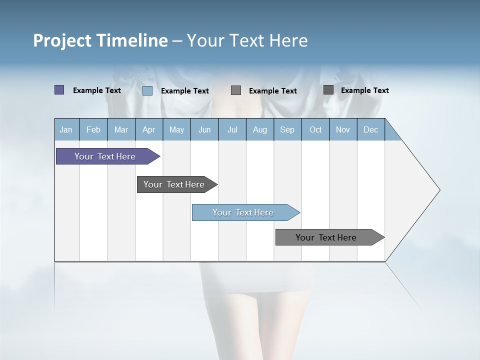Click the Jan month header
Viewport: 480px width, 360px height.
tap(66, 129)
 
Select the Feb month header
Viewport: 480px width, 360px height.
tap(93, 129)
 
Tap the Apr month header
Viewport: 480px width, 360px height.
tap(149, 129)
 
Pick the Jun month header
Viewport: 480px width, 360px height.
tap(204, 129)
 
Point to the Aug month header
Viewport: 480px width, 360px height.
tap(260, 129)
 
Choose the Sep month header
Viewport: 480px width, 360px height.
tap(287, 129)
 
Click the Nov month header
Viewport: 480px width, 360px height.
tap(343, 129)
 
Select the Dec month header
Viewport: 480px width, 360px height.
tap(371, 129)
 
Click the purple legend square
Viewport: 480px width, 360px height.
tap(59, 90)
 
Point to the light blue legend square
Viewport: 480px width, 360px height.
tap(147, 90)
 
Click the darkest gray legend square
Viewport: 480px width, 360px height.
tap(328, 90)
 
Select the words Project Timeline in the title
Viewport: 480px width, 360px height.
tap(100, 40)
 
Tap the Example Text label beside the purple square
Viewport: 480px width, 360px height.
tap(97, 90)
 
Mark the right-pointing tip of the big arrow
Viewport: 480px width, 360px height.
tap(438, 190)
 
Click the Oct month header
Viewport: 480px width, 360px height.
tap(315, 129)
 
